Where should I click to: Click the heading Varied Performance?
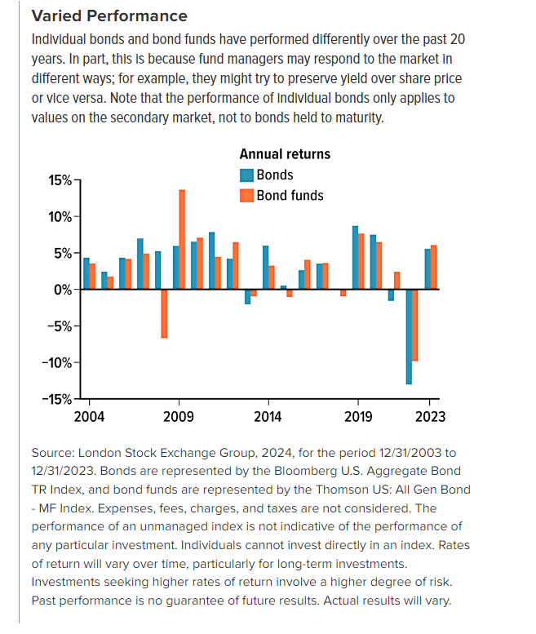(109, 16)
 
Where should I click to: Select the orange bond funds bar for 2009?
(182, 239)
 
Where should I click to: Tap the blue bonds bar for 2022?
(409, 337)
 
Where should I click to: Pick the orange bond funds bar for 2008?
(164, 313)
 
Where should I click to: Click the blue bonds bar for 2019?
(356, 258)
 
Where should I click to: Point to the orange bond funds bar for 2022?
(415, 325)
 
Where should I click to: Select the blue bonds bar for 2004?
(86, 273)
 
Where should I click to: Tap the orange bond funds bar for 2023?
(434, 267)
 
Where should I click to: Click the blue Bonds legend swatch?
(246, 175)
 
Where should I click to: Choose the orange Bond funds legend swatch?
(246, 196)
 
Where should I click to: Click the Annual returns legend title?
(285, 154)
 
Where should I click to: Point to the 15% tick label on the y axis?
(60, 180)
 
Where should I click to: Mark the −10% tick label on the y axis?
(57, 362)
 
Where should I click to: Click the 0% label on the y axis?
(63, 290)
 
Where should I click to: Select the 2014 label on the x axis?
(268, 416)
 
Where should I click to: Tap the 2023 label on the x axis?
(431, 416)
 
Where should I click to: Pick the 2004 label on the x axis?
(89, 416)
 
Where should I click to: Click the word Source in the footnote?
(53, 453)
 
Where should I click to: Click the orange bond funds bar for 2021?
(397, 281)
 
